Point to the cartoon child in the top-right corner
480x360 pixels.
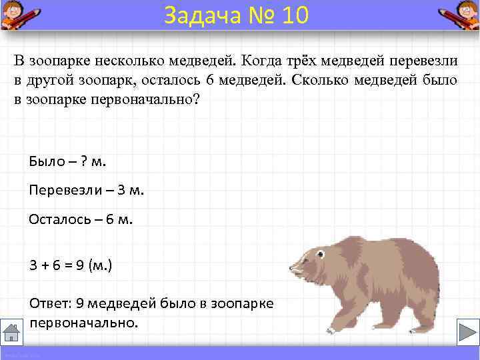[x=461, y=15]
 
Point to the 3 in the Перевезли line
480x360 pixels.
[x=121, y=190]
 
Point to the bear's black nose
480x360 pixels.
[x=291, y=270]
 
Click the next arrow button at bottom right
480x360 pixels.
[x=465, y=332]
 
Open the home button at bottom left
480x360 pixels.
[x=12, y=331]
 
